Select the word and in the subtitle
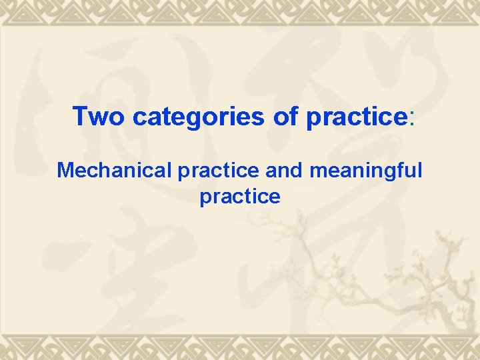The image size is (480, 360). (x=283, y=171)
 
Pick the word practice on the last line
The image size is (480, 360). (x=240, y=197)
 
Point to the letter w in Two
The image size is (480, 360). (x=97, y=118)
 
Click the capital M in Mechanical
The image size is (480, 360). (x=65, y=171)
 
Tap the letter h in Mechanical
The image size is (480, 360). (x=101, y=171)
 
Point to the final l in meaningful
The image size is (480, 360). (x=419, y=170)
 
